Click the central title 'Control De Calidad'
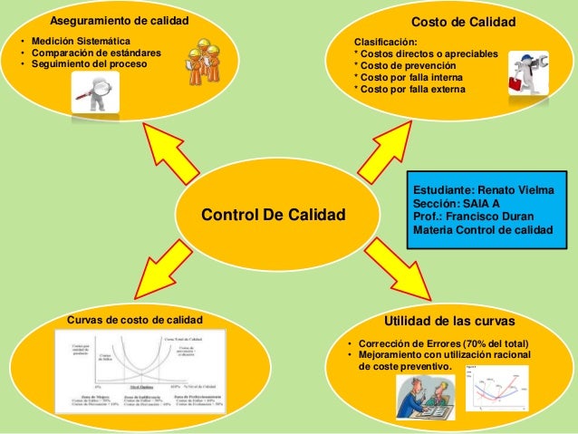[274, 215]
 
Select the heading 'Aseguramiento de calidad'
[120, 20]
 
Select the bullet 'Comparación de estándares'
[96, 53]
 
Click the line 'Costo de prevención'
[408, 66]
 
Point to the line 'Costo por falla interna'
[409, 78]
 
